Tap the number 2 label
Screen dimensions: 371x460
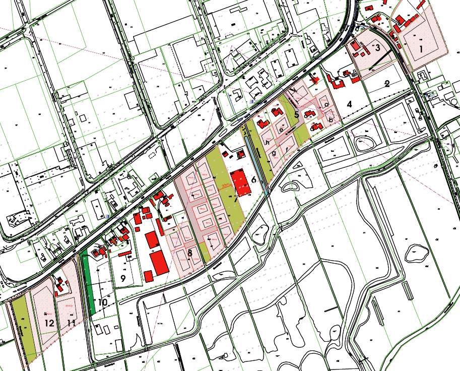click(387, 84)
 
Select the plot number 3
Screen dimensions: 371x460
click(377, 47)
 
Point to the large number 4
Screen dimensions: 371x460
click(350, 104)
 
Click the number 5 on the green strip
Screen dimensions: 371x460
click(297, 115)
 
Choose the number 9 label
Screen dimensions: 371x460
click(122, 277)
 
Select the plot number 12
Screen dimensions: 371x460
click(49, 322)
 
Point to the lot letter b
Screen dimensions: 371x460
click(331, 119)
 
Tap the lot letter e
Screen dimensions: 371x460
click(281, 130)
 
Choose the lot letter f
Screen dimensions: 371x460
click(287, 150)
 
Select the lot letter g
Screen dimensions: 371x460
click(274, 153)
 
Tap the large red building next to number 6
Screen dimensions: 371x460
click(241, 183)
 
